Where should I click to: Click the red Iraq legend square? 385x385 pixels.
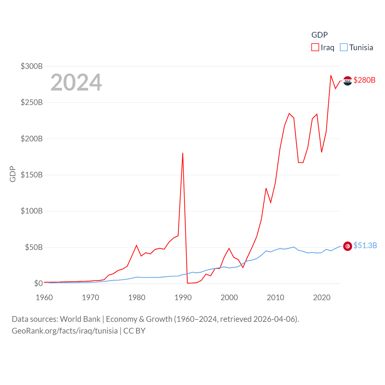tap(315, 48)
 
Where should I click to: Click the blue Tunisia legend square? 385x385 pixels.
tap(343, 48)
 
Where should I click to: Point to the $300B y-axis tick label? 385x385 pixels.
tap(32, 66)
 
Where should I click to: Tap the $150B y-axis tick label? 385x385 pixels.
tap(32, 175)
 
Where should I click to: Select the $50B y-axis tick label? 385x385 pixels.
tap(34, 247)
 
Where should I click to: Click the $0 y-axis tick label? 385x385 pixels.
tap(38, 283)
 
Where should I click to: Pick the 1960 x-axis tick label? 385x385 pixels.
tap(44, 297)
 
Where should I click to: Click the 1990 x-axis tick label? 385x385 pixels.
tap(183, 297)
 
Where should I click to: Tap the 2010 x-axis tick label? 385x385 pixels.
tap(276, 297)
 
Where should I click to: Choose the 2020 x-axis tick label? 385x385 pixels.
tap(322, 297)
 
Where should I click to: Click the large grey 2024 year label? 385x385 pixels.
tap(76, 82)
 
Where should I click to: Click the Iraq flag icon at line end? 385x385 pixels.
tap(348, 81)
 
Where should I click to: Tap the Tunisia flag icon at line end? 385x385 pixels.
tap(348, 246)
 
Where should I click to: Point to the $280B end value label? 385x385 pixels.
tap(365, 80)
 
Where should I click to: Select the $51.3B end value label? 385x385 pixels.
tap(365, 245)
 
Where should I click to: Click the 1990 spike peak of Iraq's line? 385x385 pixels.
tap(183, 153)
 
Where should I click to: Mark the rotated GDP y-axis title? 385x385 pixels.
tap(13, 174)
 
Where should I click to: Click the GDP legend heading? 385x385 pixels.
tap(319, 35)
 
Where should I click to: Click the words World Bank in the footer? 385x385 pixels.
tap(80, 319)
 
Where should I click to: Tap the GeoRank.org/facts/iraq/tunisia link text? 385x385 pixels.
tap(65, 331)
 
